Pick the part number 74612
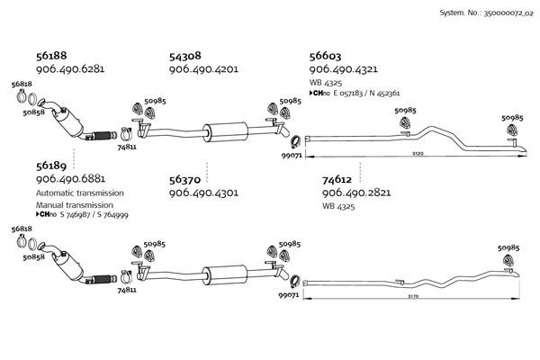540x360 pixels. click(337, 179)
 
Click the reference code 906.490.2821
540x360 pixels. click(355, 193)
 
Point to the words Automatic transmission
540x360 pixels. click(79, 193)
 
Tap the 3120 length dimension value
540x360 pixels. click(417, 154)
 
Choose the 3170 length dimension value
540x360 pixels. click(413, 296)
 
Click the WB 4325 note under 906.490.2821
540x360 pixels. click(338, 206)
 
